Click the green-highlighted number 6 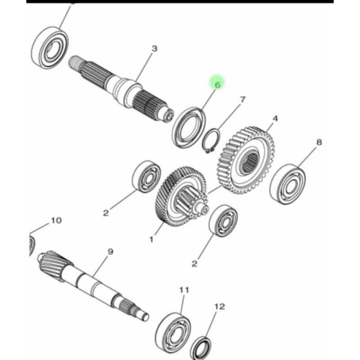point(217,83)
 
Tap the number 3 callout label point(154,49)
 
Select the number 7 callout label point(243,99)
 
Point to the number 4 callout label point(275,119)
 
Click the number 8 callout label point(319,142)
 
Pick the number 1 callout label point(151,239)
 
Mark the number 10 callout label point(56,220)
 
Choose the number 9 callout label point(110,252)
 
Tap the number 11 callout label point(184,290)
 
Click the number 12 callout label point(219,306)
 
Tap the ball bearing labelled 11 point(173,329)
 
